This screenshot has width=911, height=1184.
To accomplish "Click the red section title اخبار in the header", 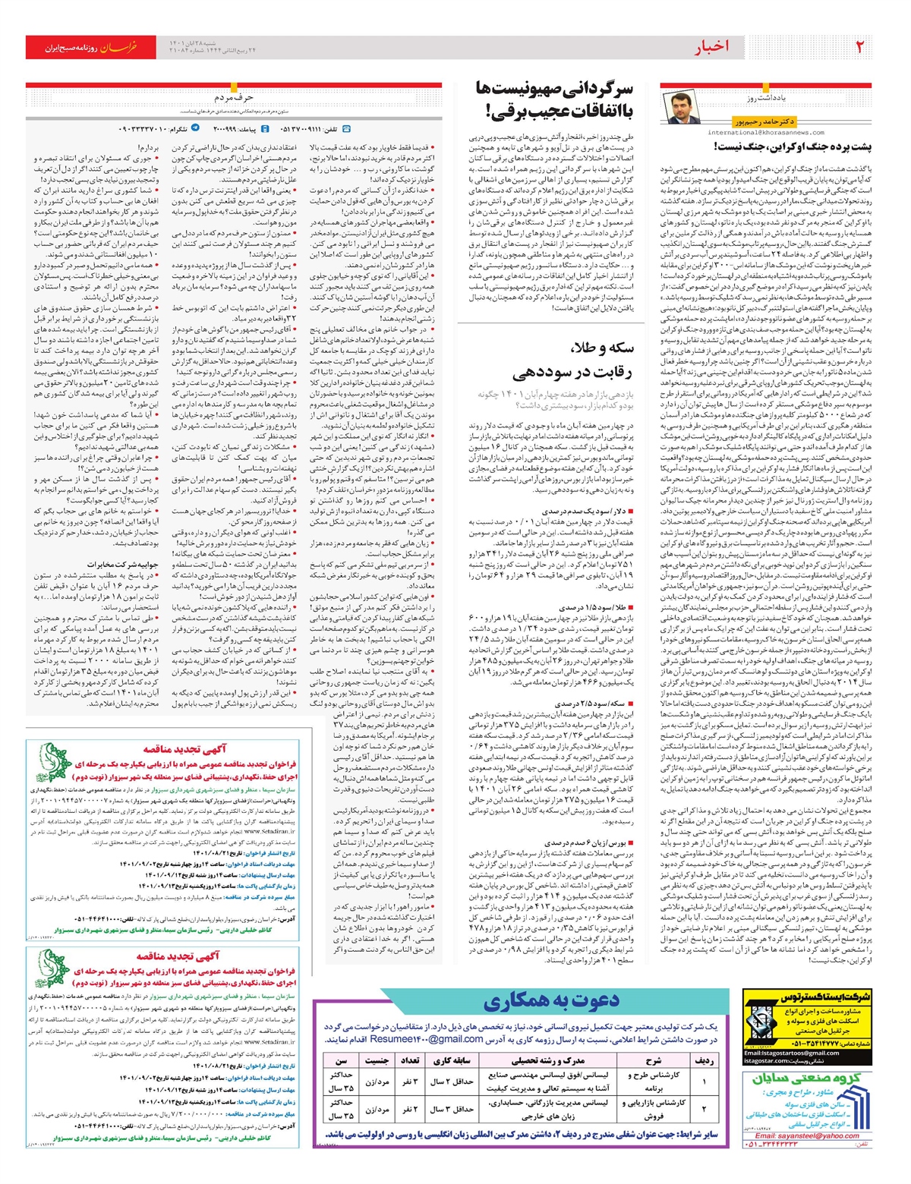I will pos(711,48).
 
